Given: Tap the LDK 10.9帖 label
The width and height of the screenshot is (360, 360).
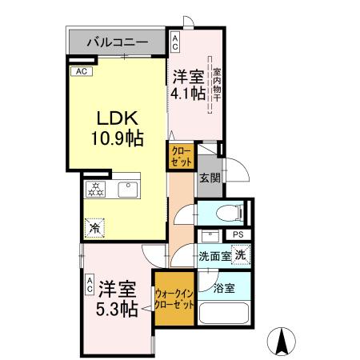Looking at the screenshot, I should tap(116, 127).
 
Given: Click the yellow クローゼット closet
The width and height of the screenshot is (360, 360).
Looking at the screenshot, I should tap(181, 156).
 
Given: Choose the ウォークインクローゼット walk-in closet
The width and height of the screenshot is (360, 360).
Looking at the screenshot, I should tap(174, 301).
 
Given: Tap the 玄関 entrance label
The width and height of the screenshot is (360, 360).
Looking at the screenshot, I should tap(210, 178).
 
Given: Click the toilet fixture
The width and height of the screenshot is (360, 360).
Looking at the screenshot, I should tap(230, 213).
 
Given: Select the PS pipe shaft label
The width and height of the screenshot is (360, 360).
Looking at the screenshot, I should tap(238, 234).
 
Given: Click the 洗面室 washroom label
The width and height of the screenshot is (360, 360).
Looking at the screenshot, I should tap(214, 256).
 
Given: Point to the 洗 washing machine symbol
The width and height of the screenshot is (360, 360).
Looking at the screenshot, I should tap(241, 254).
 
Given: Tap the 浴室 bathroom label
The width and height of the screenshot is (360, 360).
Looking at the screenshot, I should tap(224, 287).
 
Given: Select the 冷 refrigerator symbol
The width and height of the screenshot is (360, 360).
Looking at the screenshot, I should tap(94, 228).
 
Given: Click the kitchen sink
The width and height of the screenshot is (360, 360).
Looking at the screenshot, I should tap(127, 190).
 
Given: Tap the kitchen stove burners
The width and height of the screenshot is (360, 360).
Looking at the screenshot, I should tap(94, 190).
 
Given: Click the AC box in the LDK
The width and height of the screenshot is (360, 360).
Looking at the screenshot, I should tap(81, 71).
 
